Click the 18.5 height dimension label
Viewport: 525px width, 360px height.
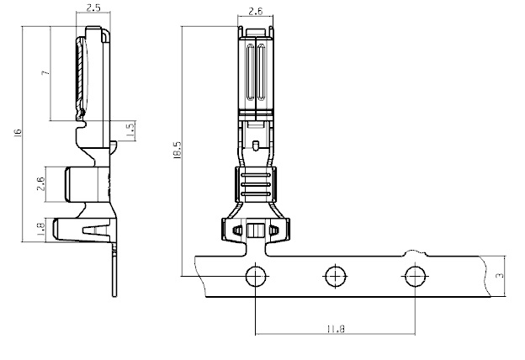pyautogui.click(x=178, y=150)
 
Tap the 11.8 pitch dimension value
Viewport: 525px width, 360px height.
pyautogui.click(x=336, y=329)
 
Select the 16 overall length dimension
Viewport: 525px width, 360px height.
pyautogui.click(x=18, y=132)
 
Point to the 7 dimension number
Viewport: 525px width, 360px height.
pyautogui.click(x=46, y=72)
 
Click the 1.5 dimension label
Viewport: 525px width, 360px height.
pyautogui.click(x=130, y=130)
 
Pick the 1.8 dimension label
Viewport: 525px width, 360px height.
pyautogui.click(x=40, y=230)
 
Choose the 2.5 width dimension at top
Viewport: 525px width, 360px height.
pyautogui.click(x=93, y=8)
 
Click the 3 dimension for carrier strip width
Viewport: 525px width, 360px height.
pyautogui.click(x=501, y=276)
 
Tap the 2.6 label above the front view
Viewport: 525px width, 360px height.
pyautogui.click(x=256, y=12)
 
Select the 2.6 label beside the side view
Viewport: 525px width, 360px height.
pyautogui.click(x=40, y=184)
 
